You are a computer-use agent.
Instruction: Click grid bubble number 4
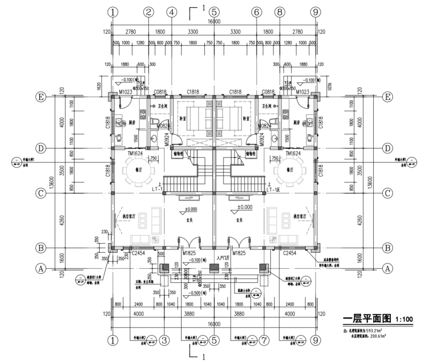point(172,12)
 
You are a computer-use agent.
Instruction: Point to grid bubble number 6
point(256,12)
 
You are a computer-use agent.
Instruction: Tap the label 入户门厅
point(223,257)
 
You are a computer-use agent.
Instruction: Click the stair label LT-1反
point(276,189)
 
